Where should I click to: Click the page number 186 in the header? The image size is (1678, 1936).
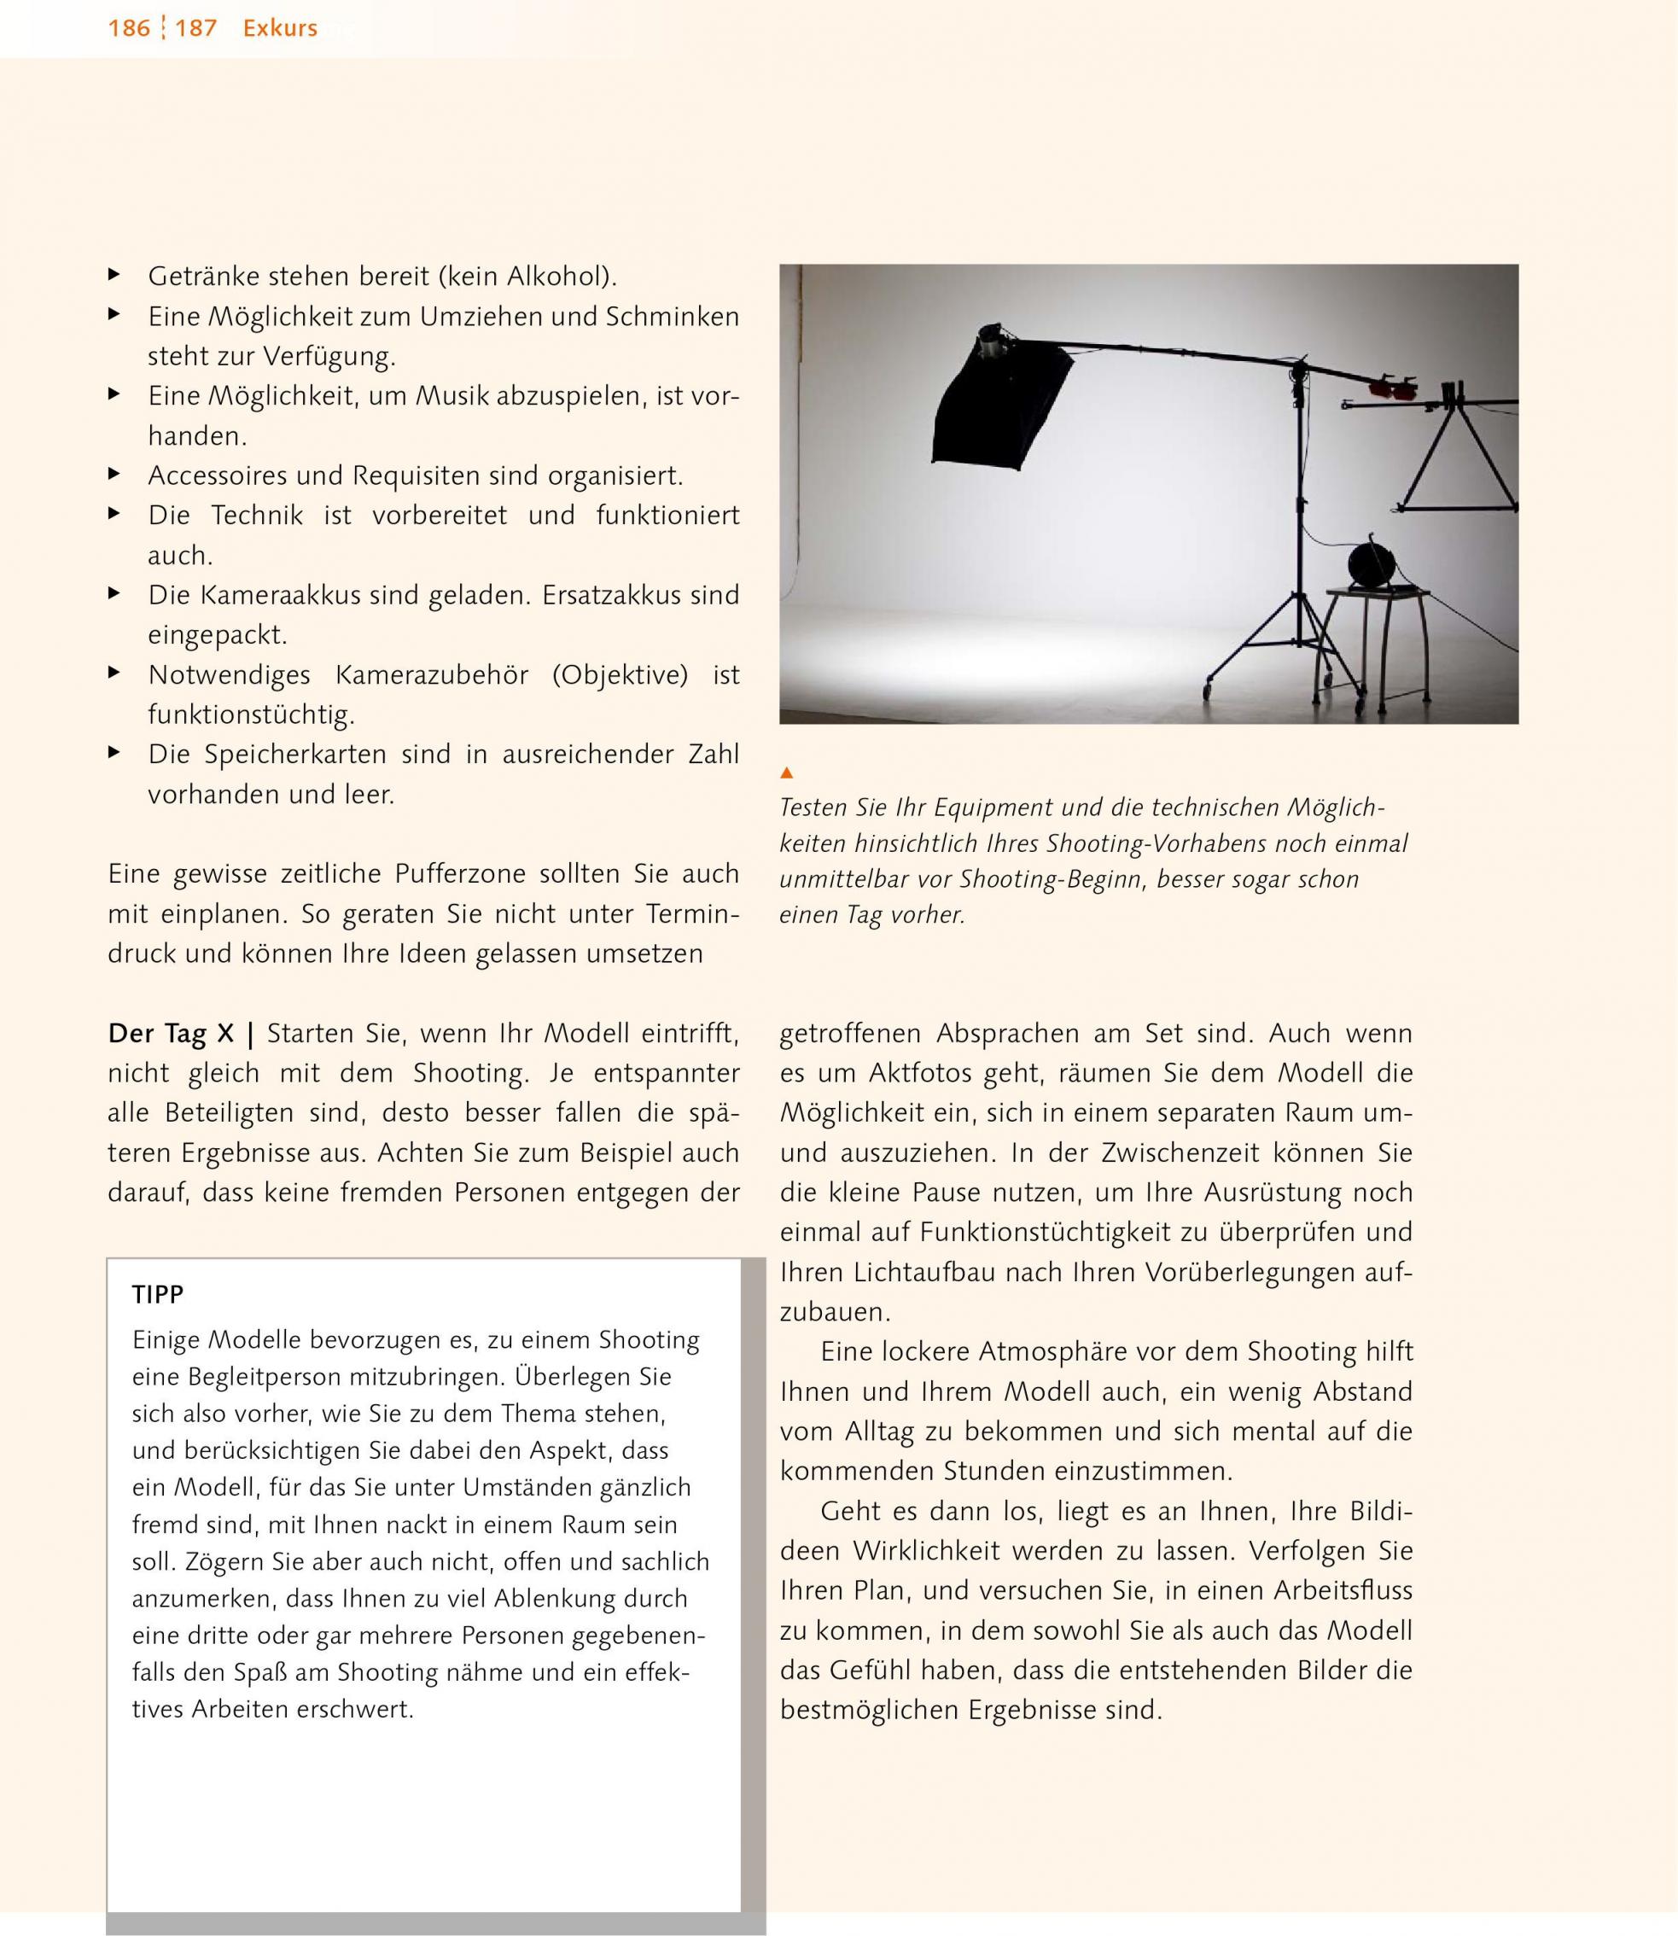[x=128, y=29]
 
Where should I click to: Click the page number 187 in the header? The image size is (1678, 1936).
[x=195, y=29]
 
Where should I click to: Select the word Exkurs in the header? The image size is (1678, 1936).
[x=280, y=29]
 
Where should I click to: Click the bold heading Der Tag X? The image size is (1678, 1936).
[x=171, y=1034]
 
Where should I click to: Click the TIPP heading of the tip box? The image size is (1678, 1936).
[x=158, y=1295]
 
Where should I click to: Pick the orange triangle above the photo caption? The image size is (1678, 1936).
[x=787, y=773]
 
